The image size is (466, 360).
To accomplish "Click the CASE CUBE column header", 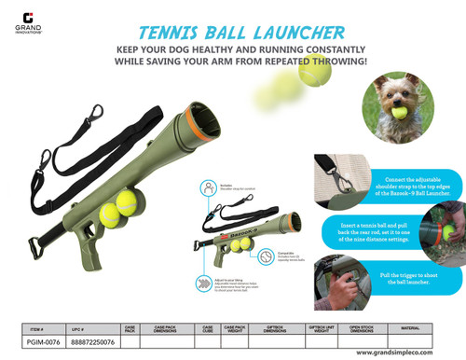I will point(209,329).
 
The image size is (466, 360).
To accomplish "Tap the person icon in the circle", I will point(204,189).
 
